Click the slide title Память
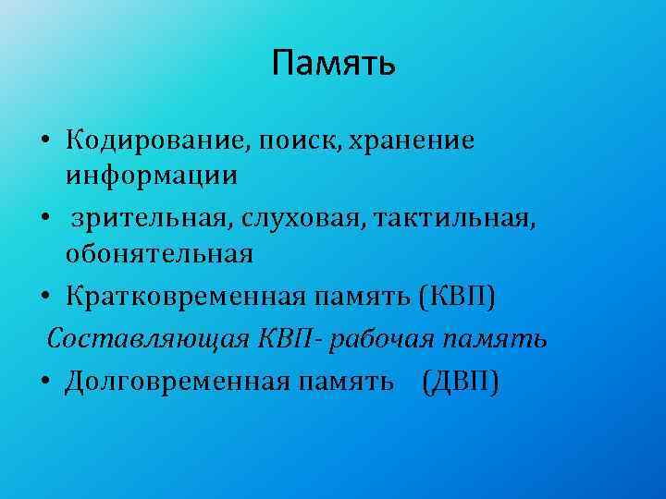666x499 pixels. click(334, 64)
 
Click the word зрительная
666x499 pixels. click(153, 218)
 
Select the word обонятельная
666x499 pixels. click(159, 253)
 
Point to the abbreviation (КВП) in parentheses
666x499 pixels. click(458, 298)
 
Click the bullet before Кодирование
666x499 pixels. click(45, 141)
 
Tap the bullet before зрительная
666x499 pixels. click(45, 220)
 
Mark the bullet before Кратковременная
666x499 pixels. click(45, 299)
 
